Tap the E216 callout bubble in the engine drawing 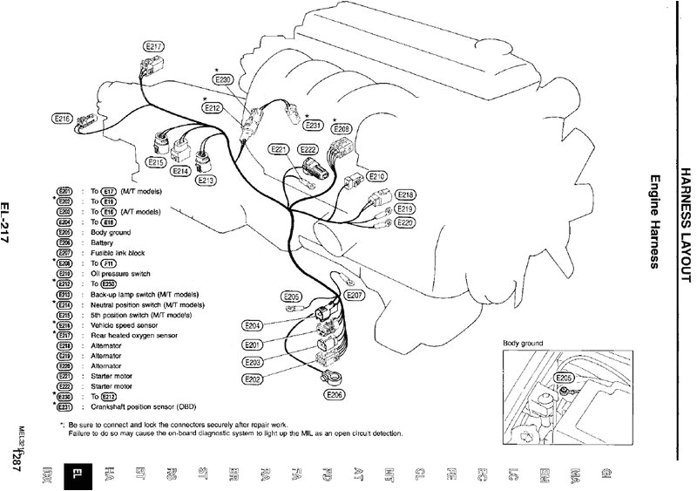[x=63, y=118]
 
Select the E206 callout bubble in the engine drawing [x=335, y=394]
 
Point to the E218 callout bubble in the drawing [x=405, y=194]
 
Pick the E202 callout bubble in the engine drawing [x=253, y=378]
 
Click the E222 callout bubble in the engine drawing [x=309, y=149]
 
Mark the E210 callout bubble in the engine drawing [x=376, y=174]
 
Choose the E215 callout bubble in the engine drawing [x=157, y=162]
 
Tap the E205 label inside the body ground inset [x=565, y=378]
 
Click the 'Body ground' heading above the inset [x=523, y=344]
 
